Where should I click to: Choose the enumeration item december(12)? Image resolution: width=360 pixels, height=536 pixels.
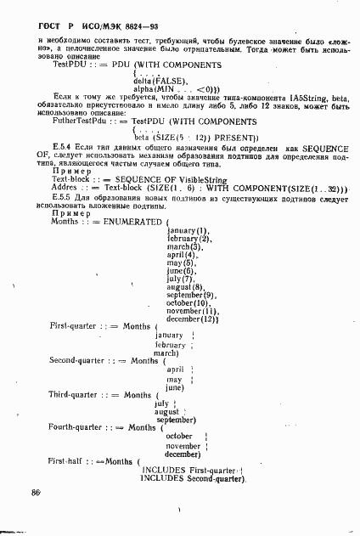click(194, 319)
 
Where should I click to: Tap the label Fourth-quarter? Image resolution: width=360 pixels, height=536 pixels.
click(78, 427)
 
